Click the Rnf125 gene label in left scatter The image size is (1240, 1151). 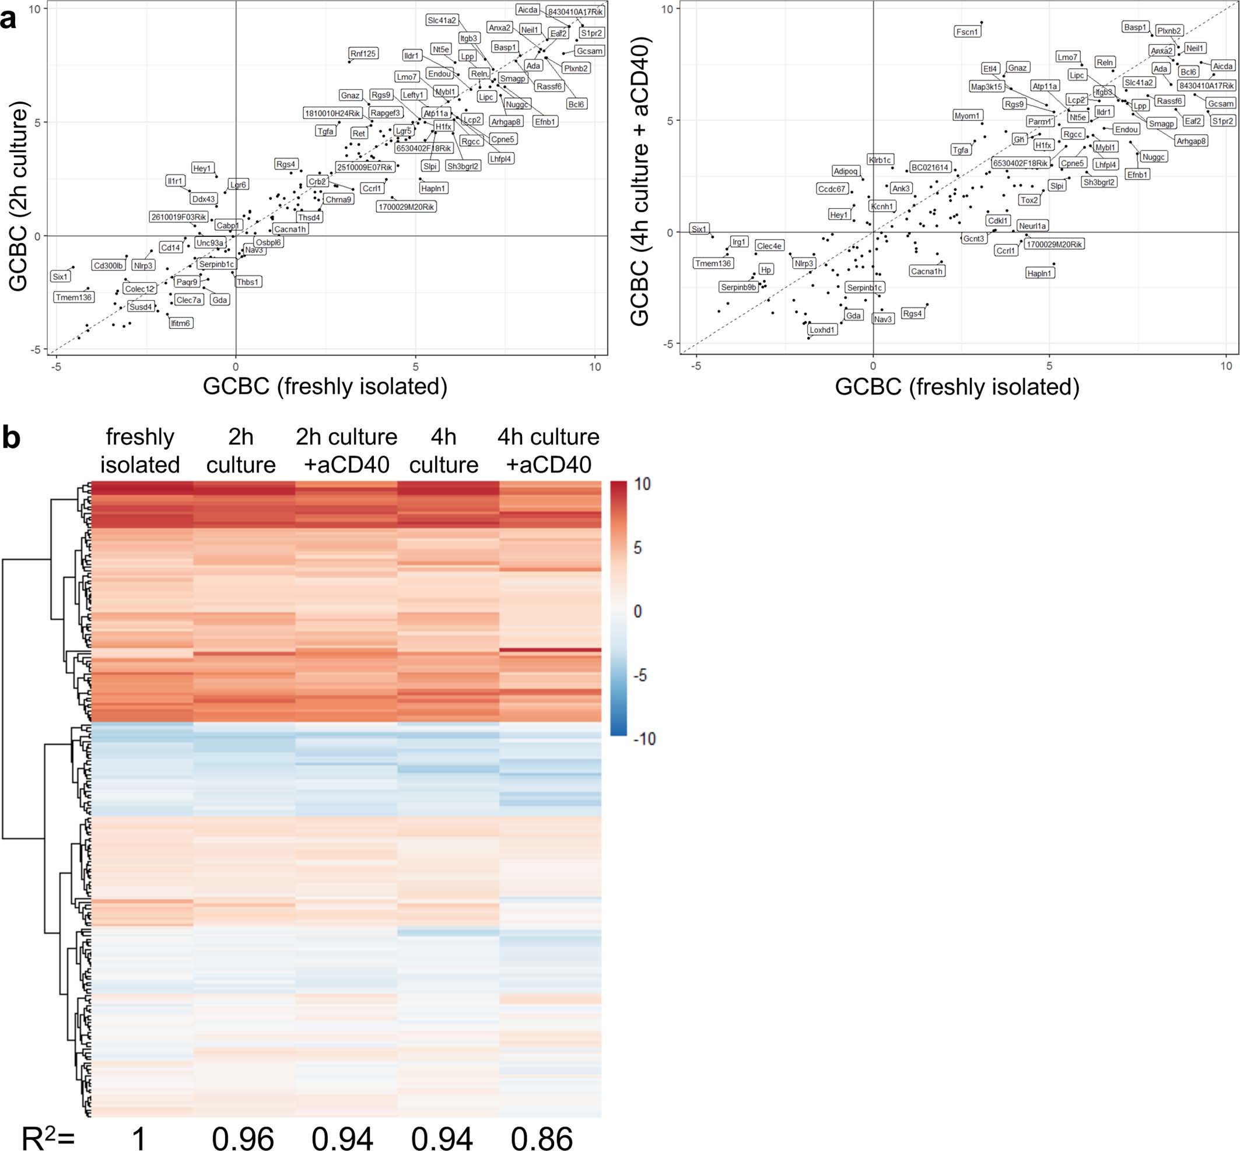[363, 54]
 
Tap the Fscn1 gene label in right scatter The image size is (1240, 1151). [967, 31]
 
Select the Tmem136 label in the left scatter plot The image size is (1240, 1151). [73, 297]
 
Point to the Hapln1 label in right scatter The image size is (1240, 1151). [1039, 273]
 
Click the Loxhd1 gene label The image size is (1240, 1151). [822, 329]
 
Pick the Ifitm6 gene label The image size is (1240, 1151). [181, 322]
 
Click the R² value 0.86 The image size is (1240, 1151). [541, 1136]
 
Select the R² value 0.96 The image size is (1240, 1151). [243, 1136]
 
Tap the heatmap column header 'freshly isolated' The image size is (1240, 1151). [139, 450]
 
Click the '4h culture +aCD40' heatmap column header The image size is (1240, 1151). [548, 450]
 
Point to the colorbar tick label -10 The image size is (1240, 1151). [644, 739]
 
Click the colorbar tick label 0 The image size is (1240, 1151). [637, 611]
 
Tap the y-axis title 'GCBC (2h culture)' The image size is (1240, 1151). [19, 199]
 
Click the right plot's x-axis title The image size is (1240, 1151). [957, 387]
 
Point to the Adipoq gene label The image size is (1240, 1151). [846, 171]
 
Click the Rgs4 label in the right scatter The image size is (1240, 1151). [912, 313]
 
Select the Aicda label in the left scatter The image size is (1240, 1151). [528, 10]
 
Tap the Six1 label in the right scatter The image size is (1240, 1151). [699, 229]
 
